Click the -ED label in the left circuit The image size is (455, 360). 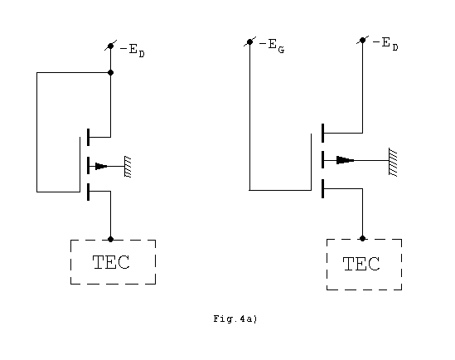pos(133,51)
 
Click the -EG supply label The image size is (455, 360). pos(272,46)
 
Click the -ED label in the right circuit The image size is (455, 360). pos(385,44)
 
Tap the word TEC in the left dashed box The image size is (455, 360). pos(111,262)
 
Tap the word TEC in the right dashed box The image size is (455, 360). pos(361,264)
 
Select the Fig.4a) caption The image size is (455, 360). pos(235,319)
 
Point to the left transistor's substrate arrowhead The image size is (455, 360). pos(101,166)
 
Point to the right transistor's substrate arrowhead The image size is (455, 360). pos(345,160)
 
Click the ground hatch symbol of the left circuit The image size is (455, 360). pos(128,167)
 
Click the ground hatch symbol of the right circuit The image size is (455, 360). pos(393,162)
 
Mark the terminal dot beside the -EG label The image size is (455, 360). pos(249,42)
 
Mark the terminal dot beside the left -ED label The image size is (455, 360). pos(110,46)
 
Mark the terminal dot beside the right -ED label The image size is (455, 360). pos(362,40)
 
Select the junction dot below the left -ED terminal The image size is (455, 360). pos(110,73)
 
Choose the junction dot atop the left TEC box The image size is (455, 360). pos(110,239)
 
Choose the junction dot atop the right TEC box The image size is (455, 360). pos(362,238)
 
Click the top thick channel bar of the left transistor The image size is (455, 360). pos(88,137)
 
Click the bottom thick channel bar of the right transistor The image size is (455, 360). pos(322,189)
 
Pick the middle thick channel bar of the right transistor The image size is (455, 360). pos(322,159)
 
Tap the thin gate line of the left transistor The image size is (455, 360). pos(80,164)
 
